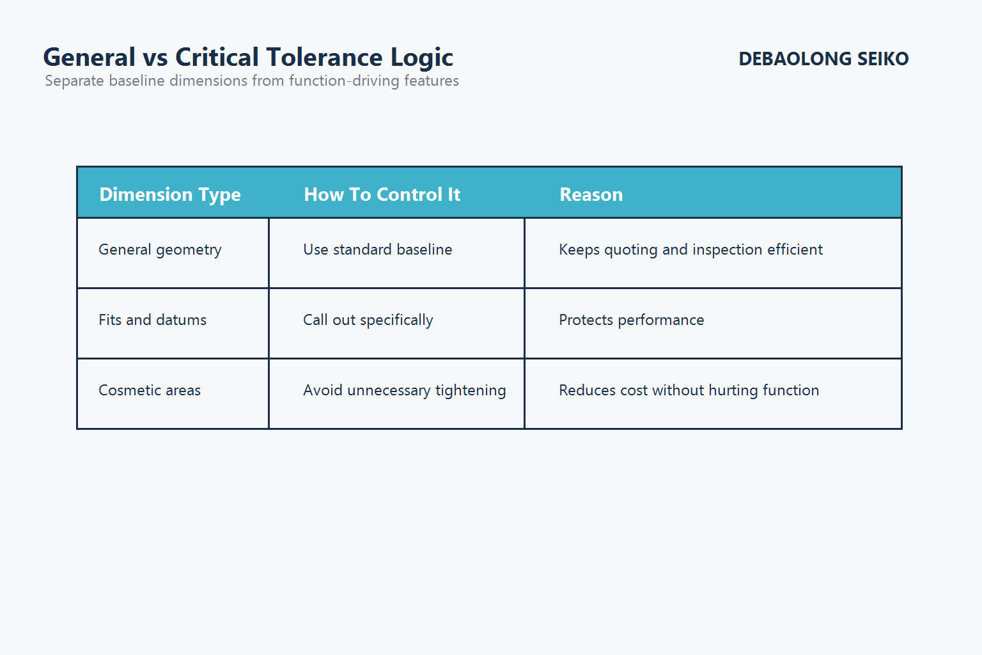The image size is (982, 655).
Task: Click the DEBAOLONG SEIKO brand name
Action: (x=823, y=59)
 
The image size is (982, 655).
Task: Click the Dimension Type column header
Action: (x=170, y=194)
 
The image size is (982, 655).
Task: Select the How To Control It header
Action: (x=382, y=194)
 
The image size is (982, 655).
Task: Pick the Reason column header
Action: (x=591, y=194)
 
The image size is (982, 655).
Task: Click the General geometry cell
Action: (x=160, y=250)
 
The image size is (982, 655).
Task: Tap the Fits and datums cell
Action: (x=152, y=320)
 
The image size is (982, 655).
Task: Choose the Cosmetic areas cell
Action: (x=150, y=390)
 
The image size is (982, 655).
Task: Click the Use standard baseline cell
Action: (x=377, y=250)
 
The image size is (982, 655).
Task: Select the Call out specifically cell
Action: (x=368, y=320)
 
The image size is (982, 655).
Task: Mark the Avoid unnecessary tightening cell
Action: (x=404, y=391)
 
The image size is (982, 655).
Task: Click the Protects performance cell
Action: (x=631, y=320)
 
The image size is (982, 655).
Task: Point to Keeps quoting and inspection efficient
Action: (x=690, y=250)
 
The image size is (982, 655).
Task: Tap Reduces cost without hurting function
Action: (x=689, y=390)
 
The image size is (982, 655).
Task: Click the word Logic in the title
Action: (x=422, y=58)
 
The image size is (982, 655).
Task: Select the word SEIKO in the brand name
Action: (x=882, y=59)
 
